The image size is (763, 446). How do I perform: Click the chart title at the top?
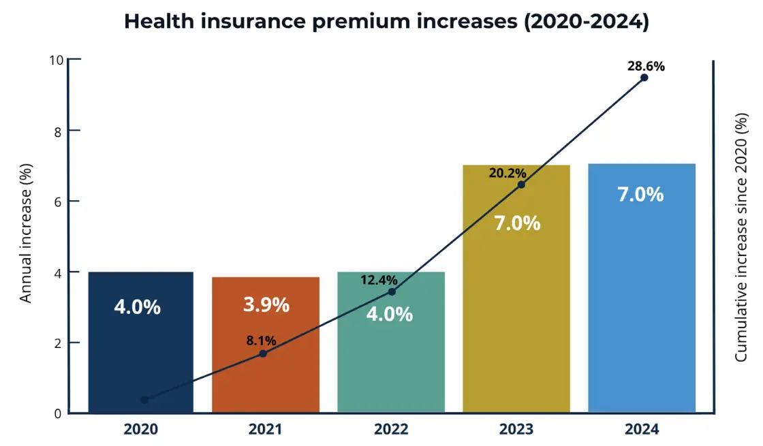[386, 21]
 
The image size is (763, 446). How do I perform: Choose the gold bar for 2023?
[516, 306]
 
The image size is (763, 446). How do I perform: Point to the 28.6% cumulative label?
[646, 66]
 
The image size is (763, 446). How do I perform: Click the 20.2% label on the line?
[508, 173]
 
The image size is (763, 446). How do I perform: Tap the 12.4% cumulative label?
[379, 280]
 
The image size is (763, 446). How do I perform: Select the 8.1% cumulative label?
[261, 340]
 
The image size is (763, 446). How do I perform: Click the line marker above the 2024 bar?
[644, 78]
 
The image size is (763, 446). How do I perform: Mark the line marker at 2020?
[144, 400]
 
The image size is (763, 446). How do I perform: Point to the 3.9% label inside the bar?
[266, 305]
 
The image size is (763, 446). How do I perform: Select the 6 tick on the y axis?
[59, 202]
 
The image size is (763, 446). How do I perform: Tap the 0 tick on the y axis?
[59, 413]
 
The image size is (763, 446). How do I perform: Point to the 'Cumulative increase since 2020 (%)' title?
[741, 237]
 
